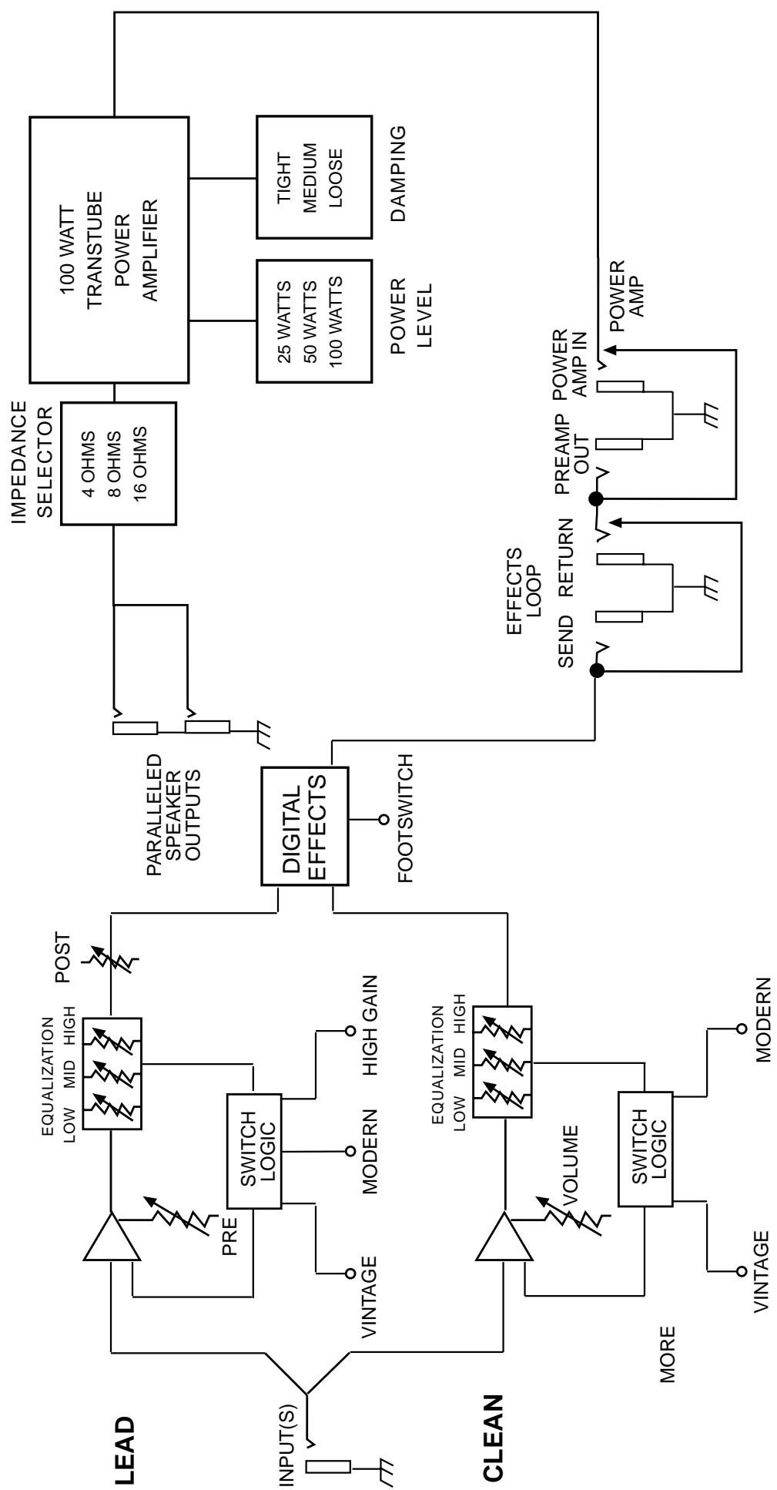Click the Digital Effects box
click(x=305, y=825)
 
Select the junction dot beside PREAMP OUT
click(x=595, y=499)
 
